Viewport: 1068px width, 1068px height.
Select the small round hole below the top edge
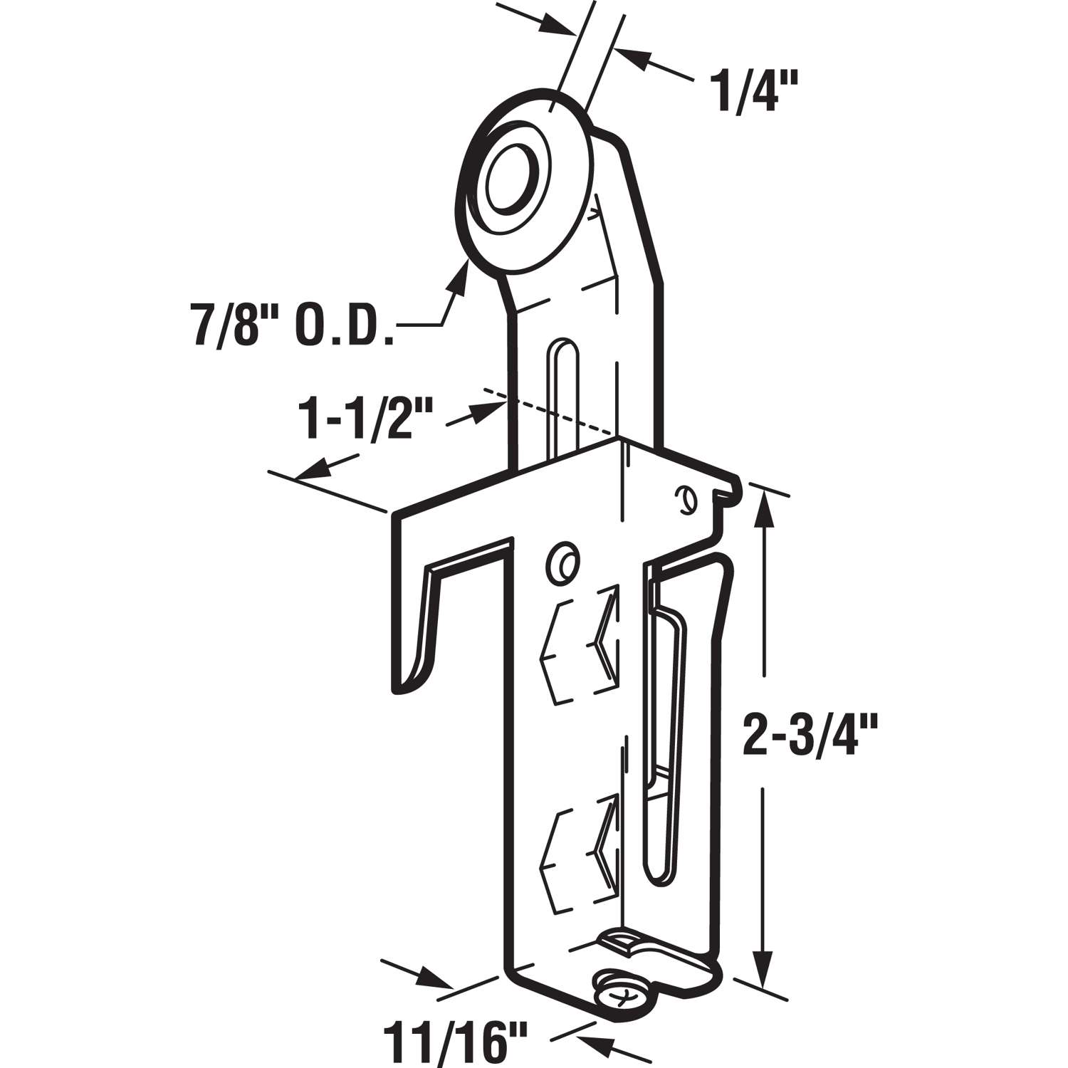pos(562,563)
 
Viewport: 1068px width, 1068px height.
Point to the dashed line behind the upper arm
pos(548,411)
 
